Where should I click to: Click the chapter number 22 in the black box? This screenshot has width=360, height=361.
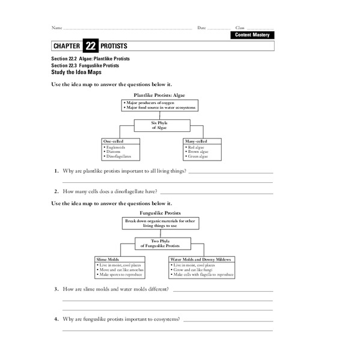[90, 46]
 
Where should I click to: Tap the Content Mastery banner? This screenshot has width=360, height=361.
[252, 35]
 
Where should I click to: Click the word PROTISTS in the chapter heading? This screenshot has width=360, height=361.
[114, 46]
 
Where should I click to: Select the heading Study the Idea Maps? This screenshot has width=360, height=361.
[77, 72]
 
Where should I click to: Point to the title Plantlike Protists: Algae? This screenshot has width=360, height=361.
[160, 95]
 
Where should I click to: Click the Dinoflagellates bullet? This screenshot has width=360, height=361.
[119, 156]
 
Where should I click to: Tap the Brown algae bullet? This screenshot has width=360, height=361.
[200, 151]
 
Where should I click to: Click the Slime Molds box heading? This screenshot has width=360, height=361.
[109, 259]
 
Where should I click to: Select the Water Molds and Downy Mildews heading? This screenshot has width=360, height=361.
[202, 259]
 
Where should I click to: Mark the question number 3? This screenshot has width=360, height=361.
[56, 289]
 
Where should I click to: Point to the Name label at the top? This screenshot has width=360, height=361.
[56, 28]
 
